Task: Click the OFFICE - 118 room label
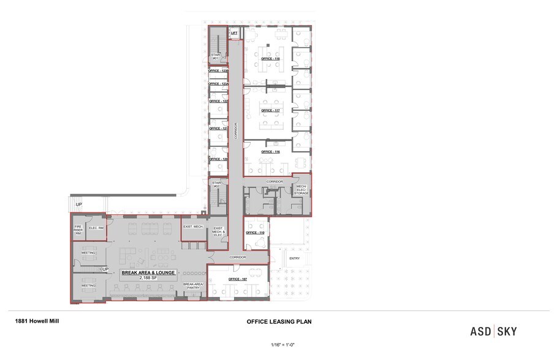270,59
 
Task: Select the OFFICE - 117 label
270,110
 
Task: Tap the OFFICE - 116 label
270,151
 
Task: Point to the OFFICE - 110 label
255,233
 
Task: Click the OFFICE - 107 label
237,279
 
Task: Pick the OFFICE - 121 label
218,129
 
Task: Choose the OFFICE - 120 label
218,159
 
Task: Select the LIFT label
234,33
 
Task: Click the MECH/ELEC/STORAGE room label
301,190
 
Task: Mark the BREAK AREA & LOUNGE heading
149,272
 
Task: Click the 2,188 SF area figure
149,278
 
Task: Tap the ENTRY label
294,258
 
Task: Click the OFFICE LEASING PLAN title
275,321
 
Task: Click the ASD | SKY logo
493,331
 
